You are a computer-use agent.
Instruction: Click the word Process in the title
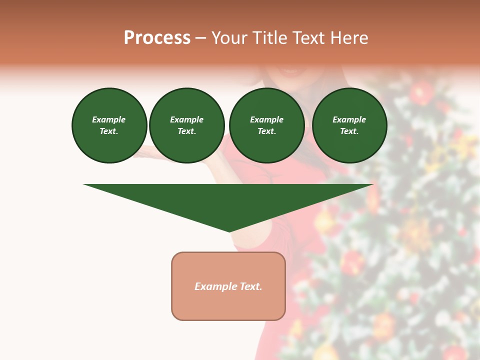157,38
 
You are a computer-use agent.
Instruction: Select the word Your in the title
229,38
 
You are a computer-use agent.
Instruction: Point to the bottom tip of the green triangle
229,231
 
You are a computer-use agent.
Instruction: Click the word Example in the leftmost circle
109,119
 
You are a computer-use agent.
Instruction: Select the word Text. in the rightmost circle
349,131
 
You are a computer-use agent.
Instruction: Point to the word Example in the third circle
266,119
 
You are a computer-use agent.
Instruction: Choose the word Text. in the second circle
186,131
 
